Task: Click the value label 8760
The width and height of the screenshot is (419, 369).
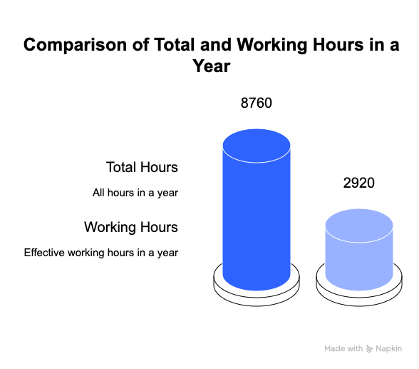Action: coord(257,103)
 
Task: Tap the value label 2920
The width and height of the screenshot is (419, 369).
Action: coord(359,183)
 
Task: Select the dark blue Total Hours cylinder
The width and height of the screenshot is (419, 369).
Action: coord(257,210)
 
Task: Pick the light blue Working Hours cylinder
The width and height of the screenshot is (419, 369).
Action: coord(359,250)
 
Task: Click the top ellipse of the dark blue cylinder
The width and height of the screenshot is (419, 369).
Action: coord(257,146)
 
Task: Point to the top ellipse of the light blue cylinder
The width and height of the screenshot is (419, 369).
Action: coord(359,226)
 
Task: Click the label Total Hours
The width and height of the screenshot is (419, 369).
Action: coord(142,167)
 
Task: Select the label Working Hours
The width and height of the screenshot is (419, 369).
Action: coord(131,227)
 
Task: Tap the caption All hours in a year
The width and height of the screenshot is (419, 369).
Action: coord(135,193)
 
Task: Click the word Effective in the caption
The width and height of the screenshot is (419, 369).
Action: coord(44,253)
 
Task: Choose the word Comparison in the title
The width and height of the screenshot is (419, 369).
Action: coord(75,45)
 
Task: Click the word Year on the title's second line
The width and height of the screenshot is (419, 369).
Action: coord(212,66)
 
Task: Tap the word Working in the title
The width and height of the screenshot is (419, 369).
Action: coord(272,45)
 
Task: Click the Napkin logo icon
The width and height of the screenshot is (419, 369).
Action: coord(369,349)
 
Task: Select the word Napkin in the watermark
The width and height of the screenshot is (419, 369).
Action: coord(389,349)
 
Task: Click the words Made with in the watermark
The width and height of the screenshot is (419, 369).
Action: coord(343,349)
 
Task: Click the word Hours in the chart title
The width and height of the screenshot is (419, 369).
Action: coord(338,44)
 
